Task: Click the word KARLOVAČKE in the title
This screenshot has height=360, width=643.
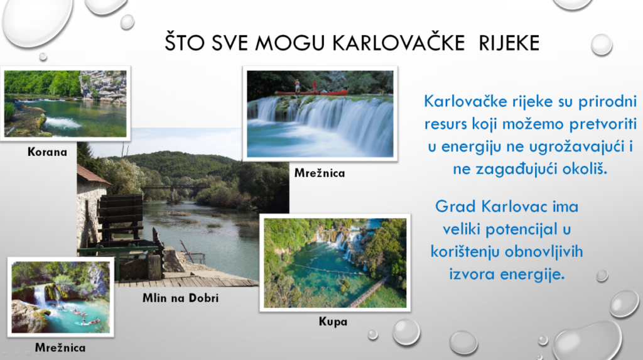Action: (398, 42)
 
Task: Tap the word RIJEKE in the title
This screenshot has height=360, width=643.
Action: (509, 43)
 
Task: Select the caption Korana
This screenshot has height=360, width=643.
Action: (47, 152)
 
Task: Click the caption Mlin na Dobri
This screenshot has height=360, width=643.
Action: (180, 298)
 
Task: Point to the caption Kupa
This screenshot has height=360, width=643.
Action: (333, 322)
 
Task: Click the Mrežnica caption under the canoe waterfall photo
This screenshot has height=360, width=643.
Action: (320, 173)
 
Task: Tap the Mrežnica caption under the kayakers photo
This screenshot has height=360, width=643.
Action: (60, 347)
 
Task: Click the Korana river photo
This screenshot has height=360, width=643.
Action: (65, 104)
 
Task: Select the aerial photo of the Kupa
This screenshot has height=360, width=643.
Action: (335, 263)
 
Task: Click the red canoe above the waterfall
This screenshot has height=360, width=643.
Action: (311, 93)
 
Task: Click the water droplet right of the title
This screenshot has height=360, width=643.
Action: (602, 45)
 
